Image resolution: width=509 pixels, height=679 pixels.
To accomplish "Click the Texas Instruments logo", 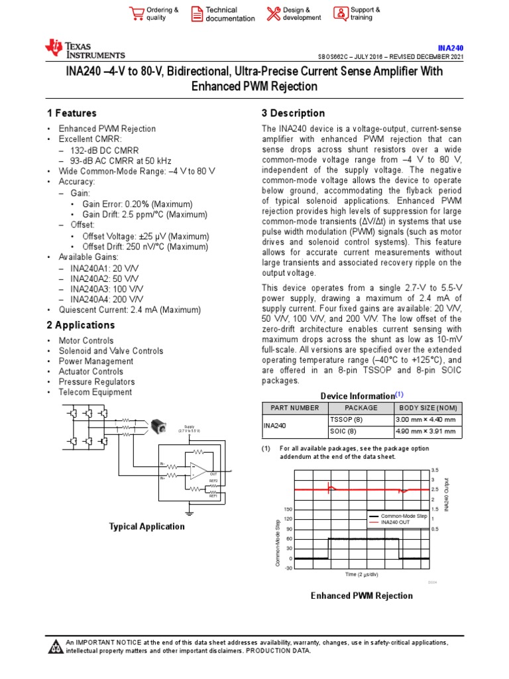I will click(x=84, y=49).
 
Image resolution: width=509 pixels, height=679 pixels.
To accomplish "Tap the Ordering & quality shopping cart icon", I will click(x=137, y=14).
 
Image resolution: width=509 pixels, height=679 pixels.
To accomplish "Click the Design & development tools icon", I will click(x=273, y=14).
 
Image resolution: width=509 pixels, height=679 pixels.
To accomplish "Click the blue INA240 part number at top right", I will click(x=451, y=48).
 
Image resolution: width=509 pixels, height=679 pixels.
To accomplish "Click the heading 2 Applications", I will click(x=81, y=326).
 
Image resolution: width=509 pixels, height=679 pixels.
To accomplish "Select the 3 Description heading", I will click(x=293, y=113).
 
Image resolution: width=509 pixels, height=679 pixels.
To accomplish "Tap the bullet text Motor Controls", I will click(x=86, y=341).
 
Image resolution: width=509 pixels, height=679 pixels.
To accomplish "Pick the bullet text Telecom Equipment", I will click(x=95, y=392).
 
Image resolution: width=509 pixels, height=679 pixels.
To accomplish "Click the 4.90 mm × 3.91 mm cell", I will click(x=425, y=432).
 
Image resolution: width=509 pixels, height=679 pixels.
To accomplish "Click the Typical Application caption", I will click(x=146, y=526).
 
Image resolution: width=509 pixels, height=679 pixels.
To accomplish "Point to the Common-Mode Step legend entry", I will click(x=403, y=515).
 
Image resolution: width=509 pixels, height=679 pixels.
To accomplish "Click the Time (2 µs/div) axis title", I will click(x=362, y=574).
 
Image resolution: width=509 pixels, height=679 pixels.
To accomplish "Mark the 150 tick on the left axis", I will click(x=288, y=509).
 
